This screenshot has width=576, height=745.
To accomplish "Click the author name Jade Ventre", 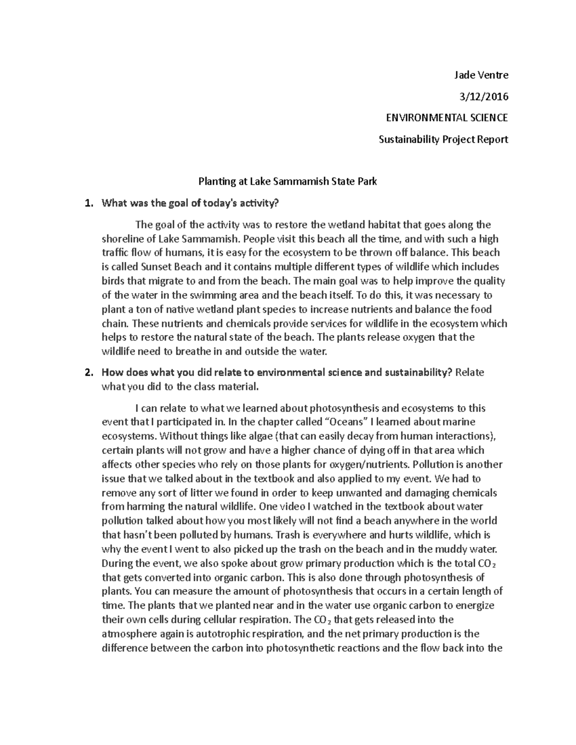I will click(x=481, y=75).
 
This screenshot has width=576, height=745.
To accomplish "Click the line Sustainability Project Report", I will click(x=443, y=140).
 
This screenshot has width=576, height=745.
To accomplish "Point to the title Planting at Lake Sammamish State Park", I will click(x=288, y=181).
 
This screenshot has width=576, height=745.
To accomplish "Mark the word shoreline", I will click(x=123, y=239).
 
